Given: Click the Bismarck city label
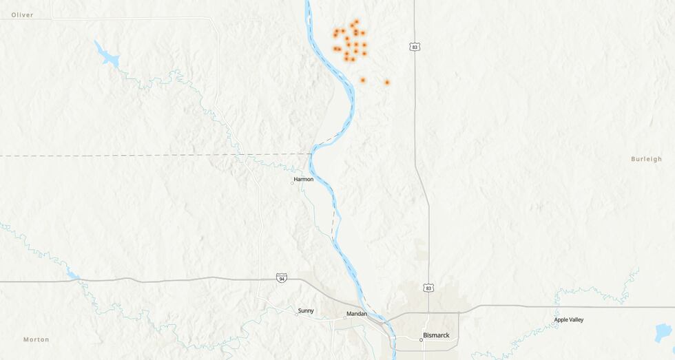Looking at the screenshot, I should (435, 335).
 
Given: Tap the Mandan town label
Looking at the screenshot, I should (357, 314).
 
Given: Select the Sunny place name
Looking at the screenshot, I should (306, 310).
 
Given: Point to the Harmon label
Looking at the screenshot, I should (304, 179).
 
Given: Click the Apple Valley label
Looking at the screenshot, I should (569, 319).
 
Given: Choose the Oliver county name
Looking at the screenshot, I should (22, 14).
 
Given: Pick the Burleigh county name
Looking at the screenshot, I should (646, 159).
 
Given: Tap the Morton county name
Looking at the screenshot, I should (36, 339).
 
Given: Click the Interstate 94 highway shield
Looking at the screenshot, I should (281, 277).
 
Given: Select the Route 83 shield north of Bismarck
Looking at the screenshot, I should (428, 287).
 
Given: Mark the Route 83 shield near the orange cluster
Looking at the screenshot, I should (414, 47).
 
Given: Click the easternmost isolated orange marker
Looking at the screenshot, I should (387, 83).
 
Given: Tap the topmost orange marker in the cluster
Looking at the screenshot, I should (356, 21).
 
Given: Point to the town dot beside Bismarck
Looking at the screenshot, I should (421, 339).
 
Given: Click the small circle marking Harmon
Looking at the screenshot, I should (292, 183).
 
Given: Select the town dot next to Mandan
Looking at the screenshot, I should (345, 318).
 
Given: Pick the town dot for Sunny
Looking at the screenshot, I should (297, 314).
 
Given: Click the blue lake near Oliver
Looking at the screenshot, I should (107, 54).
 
